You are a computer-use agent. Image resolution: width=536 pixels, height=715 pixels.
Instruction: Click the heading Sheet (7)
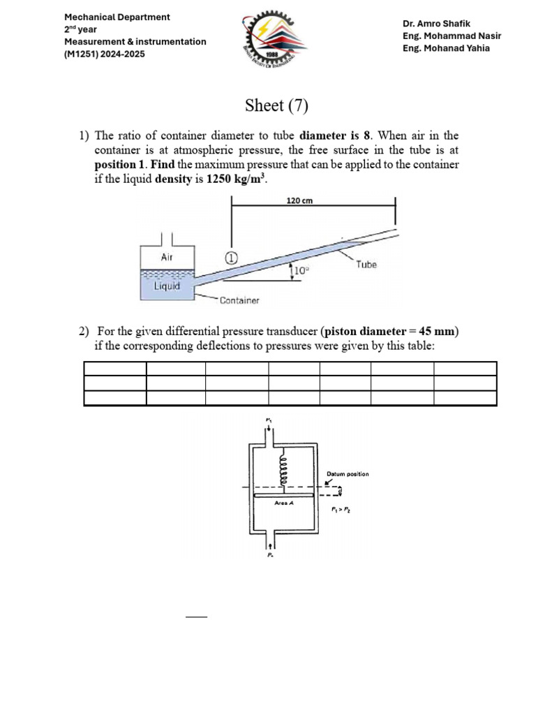[x=276, y=106]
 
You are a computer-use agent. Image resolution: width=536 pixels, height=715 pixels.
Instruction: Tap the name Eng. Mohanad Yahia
[x=447, y=48]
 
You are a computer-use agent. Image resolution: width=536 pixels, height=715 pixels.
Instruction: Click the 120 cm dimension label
[x=299, y=200]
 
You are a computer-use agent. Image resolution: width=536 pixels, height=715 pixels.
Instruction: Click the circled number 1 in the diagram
[x=231, y=257]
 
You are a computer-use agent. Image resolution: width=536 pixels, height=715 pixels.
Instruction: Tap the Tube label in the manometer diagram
[x=366, y=265]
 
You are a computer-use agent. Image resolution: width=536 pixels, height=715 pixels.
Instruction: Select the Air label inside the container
[x=167, y=257]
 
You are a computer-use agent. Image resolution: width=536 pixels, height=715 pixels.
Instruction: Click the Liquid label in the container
[x=167, y=286]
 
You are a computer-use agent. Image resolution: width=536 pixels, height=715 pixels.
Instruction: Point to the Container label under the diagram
[x=239, y=301]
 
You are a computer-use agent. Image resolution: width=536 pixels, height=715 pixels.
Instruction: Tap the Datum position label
[x=348, y=474]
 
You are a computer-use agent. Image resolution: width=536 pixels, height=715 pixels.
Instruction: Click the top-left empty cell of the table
[x=114, y=369]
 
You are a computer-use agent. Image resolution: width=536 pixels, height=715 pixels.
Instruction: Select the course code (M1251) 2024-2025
[x=105, y=54]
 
